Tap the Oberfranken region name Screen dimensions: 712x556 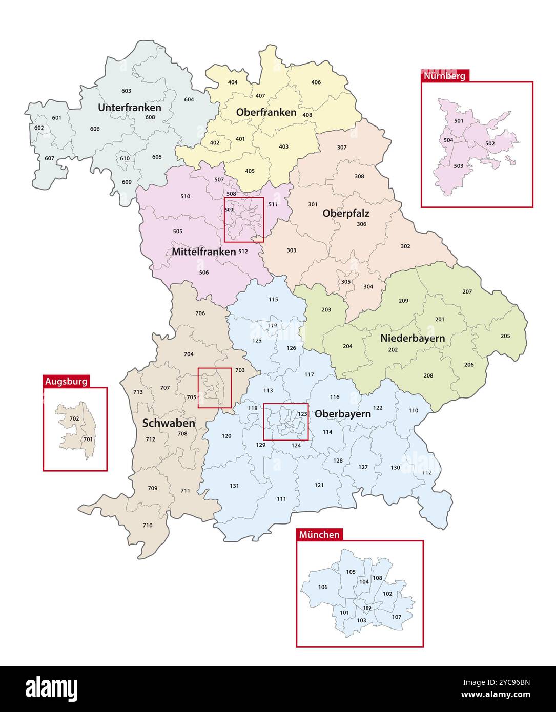click(266, 112)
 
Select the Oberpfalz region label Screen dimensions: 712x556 click(346, 213)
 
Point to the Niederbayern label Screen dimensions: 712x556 click(412, 338)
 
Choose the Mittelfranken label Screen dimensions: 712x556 click(203, 252)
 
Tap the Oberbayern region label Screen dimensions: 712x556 click(342, 413)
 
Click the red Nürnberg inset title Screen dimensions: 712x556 click(445, 76)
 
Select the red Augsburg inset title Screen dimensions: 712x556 click(66, 381)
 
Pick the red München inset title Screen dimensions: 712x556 click(319, 534)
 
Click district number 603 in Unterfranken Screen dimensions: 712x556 click(126, 91)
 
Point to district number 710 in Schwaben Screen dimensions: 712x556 click(148, 525)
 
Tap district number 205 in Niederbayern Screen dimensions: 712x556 click(505, 336)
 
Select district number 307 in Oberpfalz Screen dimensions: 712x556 click(342, 148)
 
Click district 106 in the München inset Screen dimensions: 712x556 click(323, 587)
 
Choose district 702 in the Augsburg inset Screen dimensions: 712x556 click(74, 418)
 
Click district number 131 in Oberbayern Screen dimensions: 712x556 click(234, 486)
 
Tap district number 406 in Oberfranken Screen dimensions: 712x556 click(316, 82)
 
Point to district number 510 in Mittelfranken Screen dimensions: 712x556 click(186, 196)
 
